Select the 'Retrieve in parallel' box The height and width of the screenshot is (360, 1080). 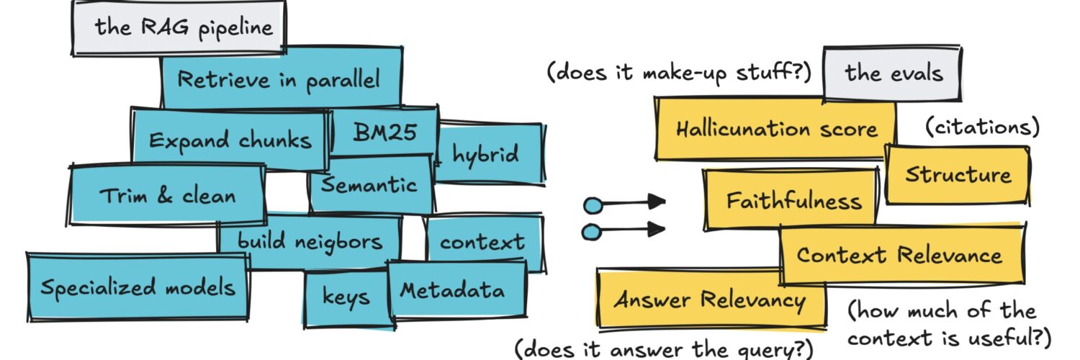279,79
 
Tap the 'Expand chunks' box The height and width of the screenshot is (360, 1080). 230,139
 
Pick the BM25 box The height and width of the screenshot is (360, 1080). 384,132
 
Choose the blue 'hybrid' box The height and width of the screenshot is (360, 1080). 487,154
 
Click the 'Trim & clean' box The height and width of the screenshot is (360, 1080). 168,195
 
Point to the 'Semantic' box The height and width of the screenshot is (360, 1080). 369,186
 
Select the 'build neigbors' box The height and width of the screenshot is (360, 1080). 310,241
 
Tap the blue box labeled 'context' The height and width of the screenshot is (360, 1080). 482,242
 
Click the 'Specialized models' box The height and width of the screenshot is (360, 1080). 138,287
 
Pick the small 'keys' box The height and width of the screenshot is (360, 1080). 346,297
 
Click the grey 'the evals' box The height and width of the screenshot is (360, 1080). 894,73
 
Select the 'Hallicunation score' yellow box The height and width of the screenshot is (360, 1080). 776,130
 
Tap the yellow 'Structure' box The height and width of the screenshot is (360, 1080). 958,175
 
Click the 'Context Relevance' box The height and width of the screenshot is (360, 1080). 899,255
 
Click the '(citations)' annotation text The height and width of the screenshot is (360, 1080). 982,127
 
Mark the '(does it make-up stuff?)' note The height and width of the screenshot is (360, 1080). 679,73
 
